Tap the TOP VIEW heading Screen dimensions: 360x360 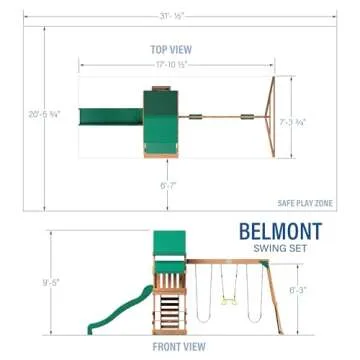pos(172,48)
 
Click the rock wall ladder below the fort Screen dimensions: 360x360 pos(171,309)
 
